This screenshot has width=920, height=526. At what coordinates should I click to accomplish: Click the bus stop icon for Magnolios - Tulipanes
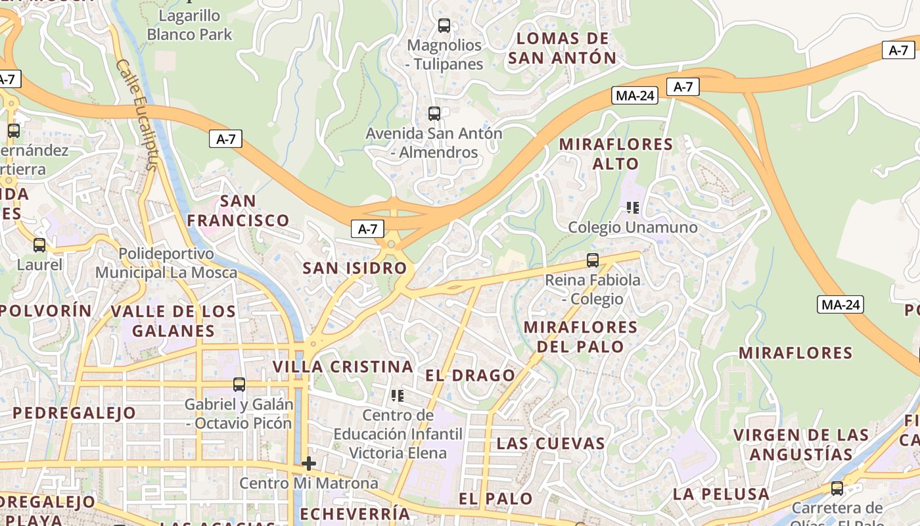tap(444, 26)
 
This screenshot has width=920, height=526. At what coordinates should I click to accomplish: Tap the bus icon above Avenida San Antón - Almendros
tap(434, 114)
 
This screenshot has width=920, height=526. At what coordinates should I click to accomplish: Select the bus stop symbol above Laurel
tap(39, 245)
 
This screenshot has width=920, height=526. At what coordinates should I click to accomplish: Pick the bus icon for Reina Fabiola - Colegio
tap(593, 260)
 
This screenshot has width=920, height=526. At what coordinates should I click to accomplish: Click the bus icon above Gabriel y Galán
tap(239, 384)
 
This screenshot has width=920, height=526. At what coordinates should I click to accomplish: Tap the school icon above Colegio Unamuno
tap(633, 208)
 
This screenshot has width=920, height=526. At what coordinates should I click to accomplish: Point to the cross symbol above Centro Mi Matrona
tap(308, 464)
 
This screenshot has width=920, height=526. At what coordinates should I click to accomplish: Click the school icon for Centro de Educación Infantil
tap(398, 395)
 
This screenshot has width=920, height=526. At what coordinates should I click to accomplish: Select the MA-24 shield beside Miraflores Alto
tap(635, 95)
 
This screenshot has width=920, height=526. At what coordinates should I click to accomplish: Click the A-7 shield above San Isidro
tap(367, 229)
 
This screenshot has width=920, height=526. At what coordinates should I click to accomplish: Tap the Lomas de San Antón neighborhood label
tap(563, 48)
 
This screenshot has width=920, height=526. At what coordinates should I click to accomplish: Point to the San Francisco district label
tap(238, 210)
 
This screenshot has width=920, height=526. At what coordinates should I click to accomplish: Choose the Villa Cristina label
tap(343, 366)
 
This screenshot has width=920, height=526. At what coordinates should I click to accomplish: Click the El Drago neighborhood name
tap(470, 375)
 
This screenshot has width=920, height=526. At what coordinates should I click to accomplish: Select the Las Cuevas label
tap(551, 443)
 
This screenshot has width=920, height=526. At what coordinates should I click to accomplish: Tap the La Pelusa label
tap(721, 494)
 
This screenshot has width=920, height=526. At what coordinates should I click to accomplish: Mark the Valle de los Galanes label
tap(173, 321)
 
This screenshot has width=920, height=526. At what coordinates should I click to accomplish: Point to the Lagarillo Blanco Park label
tap(189, 24)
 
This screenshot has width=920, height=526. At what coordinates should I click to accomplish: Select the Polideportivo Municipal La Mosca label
tap(166, 263)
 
